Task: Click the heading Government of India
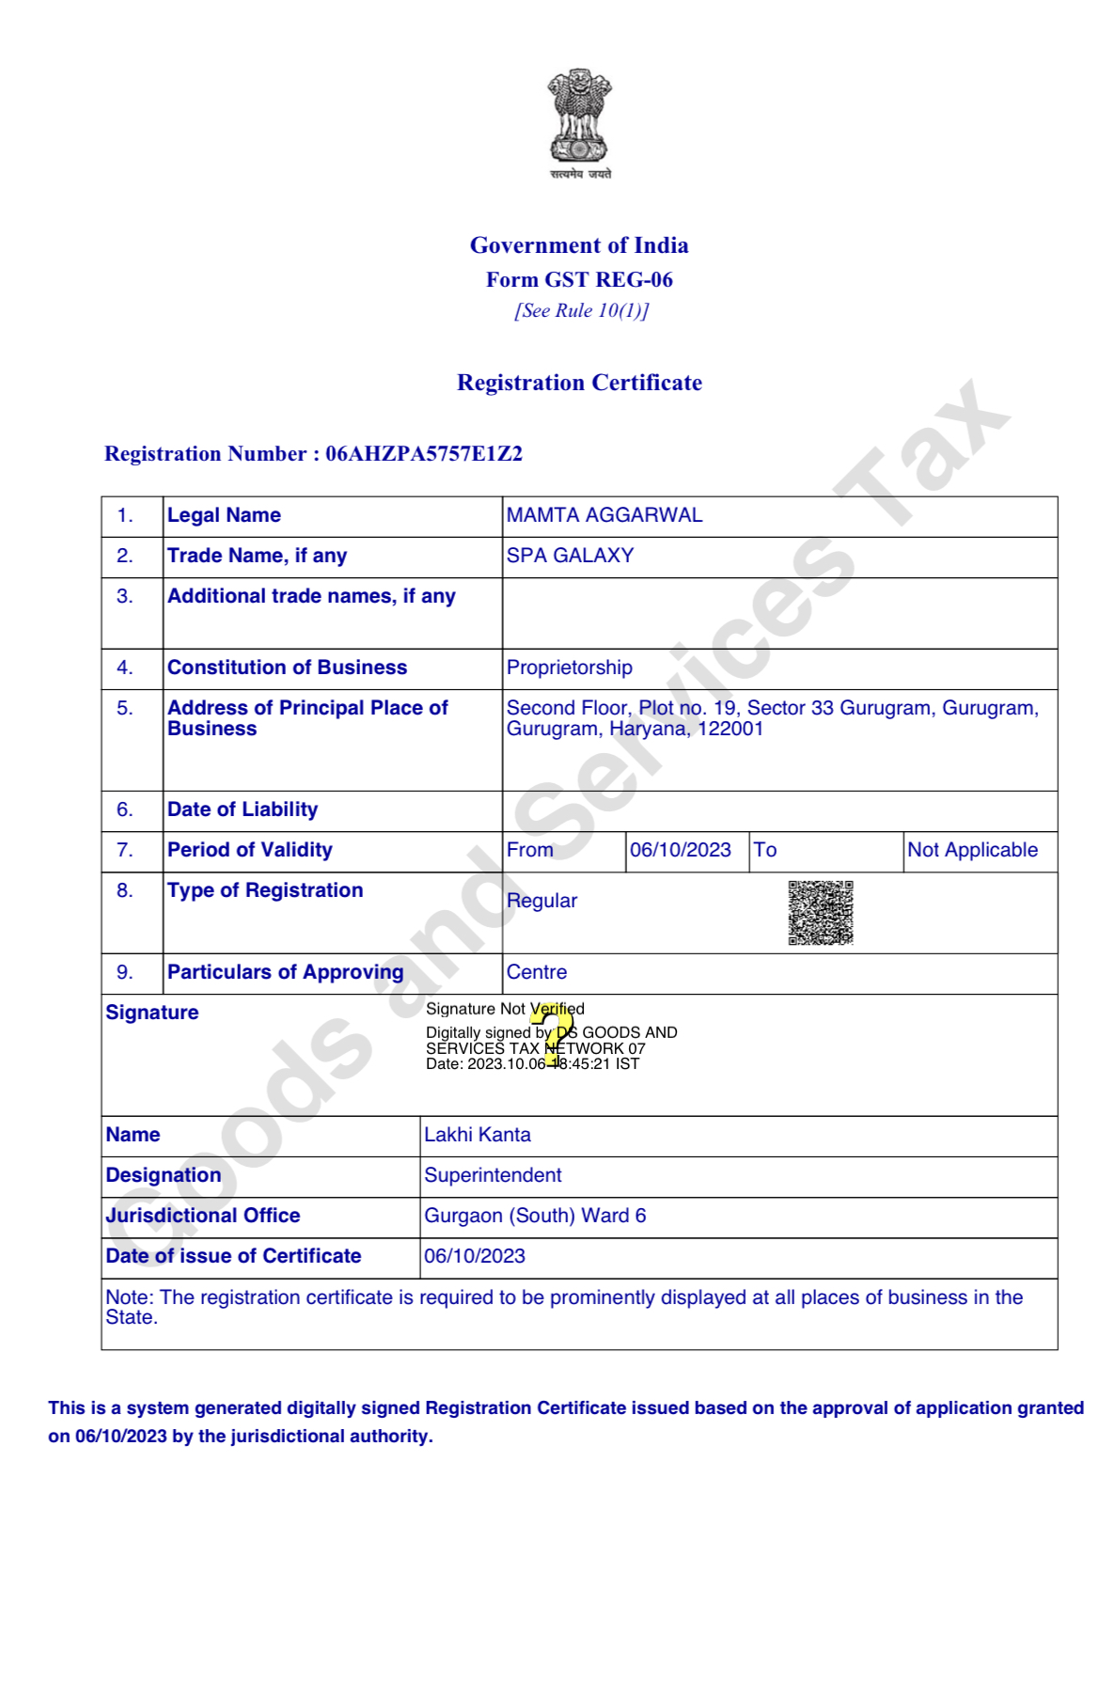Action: [x=579, y=245]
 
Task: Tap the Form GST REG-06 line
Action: [x=579, y=279]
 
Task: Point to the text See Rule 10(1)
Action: [x=581, y=310]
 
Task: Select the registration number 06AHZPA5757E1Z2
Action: [x=424, y=454]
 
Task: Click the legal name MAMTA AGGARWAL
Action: [x=605, y=515]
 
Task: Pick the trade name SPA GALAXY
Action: [x=570, y=556]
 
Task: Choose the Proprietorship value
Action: [x=569, y=668]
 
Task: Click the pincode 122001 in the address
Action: [x=730, y=729]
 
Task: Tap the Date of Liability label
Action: [x=243, y=809]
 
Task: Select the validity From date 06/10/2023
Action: [x=680, y=850]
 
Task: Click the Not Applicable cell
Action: [x=972, y=850]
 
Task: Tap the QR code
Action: [x=820, y=912]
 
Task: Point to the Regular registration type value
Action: [x=542, y=901]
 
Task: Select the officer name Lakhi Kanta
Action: [x=477, y=1135]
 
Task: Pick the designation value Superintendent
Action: [x=493, y=1175]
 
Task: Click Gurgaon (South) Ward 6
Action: [x=535, y=1216]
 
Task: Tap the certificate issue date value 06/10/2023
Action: [x=474, y=1256]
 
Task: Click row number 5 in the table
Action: [x=124, y=708]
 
